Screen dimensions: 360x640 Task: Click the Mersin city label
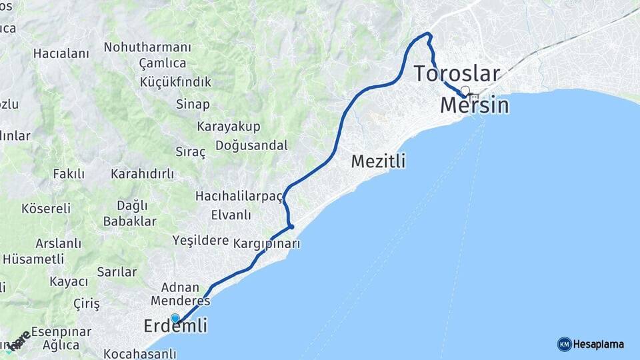(475, 105)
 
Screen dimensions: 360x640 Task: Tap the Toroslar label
(457, 73)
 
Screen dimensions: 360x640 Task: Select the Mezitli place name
(378, 161)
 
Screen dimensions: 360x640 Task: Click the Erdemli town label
(175, 326)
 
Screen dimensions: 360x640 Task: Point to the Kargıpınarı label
(267, 243)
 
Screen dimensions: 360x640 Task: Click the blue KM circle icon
(564, 345)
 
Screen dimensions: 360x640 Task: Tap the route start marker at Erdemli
(175, 319)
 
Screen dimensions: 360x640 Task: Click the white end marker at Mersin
(465, 91)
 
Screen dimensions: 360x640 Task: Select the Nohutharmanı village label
(147, 47)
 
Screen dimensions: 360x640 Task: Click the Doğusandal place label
(252, 145)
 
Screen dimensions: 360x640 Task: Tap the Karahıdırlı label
(142, 174)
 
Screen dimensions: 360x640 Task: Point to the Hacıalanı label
(61, 53)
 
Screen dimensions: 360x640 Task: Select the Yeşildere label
(201, 240)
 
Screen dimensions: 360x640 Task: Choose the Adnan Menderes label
(175, 294)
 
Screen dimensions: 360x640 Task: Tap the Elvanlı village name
(231, 215)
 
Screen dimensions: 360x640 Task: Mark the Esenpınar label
(61, 331)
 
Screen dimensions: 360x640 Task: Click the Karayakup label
(229, 126)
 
